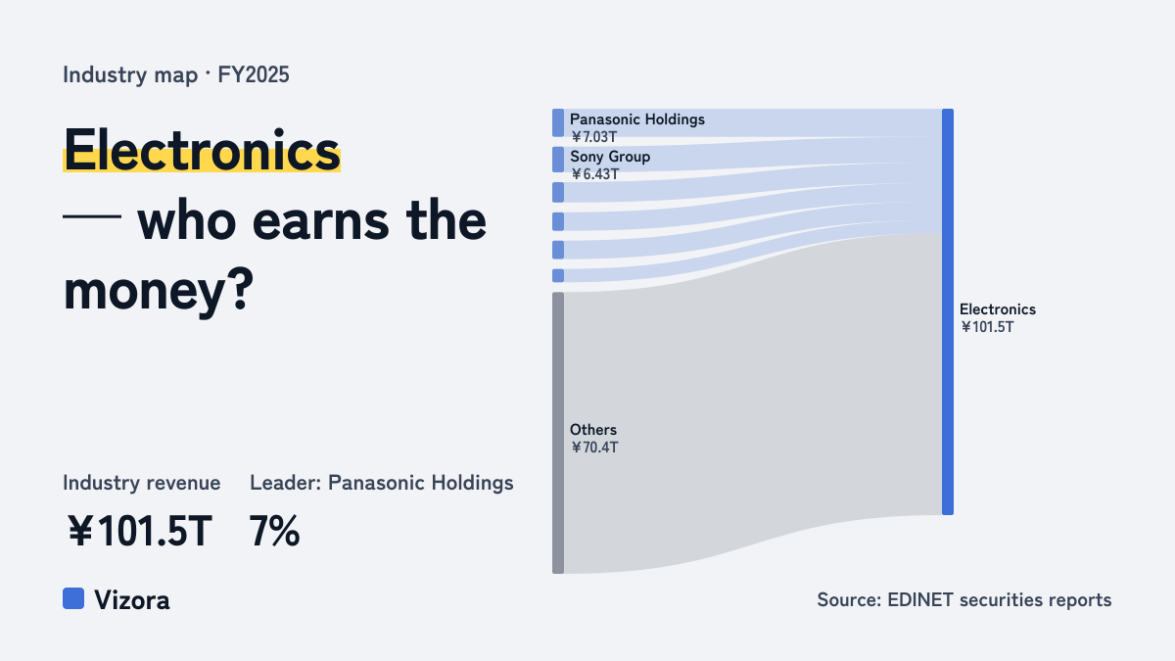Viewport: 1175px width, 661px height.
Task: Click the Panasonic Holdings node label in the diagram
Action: coord(637,119)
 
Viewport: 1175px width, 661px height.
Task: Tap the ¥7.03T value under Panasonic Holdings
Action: coord(594,137)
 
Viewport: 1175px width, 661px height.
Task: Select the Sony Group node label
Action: coord(610,157)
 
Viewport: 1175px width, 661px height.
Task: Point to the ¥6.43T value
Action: coord(595,174)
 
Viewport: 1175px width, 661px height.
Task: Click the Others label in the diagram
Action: coord(593,430)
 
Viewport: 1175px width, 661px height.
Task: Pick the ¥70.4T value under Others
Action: coord(595,448)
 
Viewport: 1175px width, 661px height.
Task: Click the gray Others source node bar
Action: coord(558,433)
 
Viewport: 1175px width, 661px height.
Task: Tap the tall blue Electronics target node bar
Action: coord(948,311)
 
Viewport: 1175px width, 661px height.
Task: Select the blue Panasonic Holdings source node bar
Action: coord(558,122)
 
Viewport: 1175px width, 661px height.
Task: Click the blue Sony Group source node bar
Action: coord(558,160)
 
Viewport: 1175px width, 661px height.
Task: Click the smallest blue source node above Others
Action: coord(558,275)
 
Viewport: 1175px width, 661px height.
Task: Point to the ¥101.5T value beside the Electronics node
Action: coord(987,327)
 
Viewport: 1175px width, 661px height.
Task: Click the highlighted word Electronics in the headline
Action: coord(202,150)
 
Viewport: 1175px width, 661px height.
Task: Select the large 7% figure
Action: coord(274,532)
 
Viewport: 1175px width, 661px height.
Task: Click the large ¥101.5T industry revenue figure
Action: coord(140,532)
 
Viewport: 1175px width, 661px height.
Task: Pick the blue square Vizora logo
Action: coord(73,598)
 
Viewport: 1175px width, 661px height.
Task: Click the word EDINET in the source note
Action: coord(920,600)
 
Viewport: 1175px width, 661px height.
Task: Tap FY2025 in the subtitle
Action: coord(254,75)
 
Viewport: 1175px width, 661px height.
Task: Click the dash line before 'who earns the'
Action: coord(92,216)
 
